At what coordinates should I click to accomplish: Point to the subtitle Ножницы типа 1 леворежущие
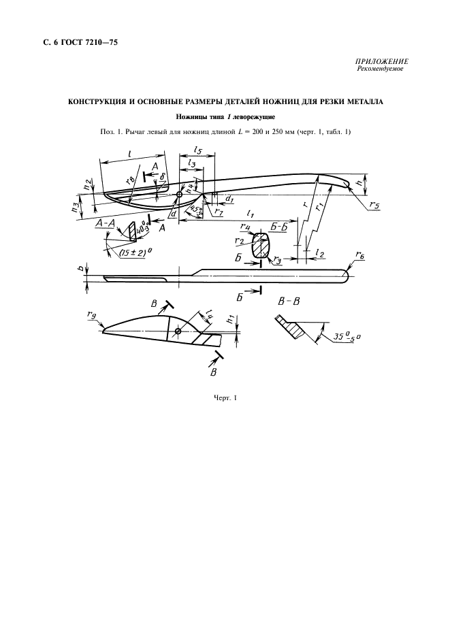click(x=225, y=116)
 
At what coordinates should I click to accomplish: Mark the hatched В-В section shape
click(x=291, y=327)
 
